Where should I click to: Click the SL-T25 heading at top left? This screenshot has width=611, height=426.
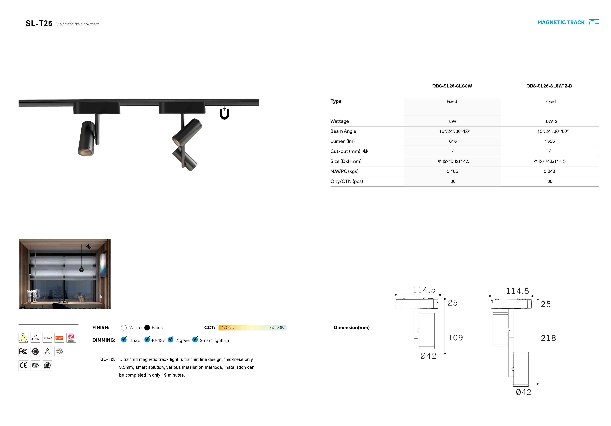tap(39, 24)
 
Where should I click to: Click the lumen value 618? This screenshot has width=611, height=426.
tap(453, 141)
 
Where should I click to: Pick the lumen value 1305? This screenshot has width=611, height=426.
tap(549, 141)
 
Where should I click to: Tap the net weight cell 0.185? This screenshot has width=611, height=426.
tap(452, 171)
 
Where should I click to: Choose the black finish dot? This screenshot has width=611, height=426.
tap(147, 328)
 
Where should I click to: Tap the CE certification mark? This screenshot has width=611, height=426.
tap(23, 365)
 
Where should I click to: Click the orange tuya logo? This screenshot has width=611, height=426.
tap(59, 338)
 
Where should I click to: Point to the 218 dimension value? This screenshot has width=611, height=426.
tap(548, 338)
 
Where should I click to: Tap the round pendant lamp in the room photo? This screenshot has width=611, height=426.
tap(81, 270)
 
